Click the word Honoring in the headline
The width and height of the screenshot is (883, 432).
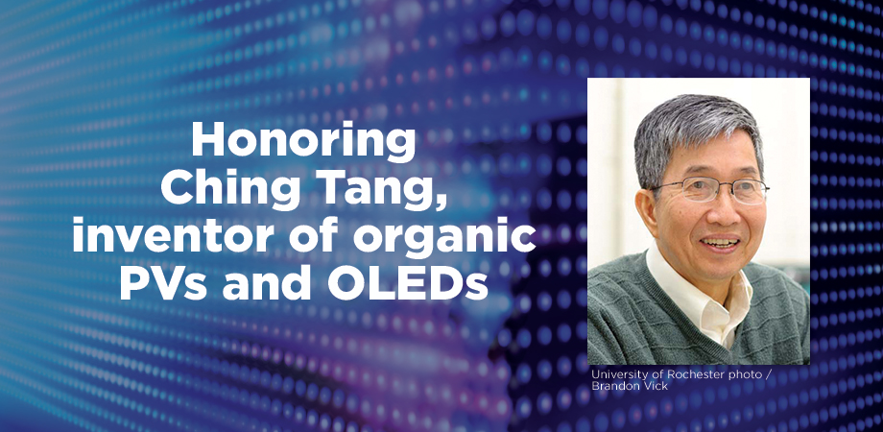coord(303,142)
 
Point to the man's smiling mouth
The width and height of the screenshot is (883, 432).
coord(720,242)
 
